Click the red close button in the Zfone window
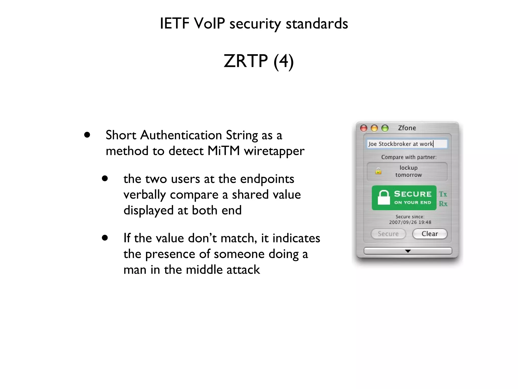click(x=364, y=128)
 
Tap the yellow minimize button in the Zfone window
click(x=374, y=128)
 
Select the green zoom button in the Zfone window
click(x=385, y=128)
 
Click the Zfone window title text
click(x=407, y=128)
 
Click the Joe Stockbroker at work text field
click(x=407, y=144)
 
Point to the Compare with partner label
click(x=409, y=157)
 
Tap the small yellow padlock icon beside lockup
click(x=378, y=171)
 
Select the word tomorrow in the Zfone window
click(x=408, y=175)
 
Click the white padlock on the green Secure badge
click(x=384, y=197)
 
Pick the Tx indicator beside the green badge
click(x=443, y=194)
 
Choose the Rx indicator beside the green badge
click(x=443, y=204)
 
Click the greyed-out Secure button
click(x=388, y=234)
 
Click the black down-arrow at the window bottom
click(x=408, y=251)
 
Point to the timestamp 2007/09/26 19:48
click(x=410, y=222)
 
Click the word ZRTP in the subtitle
click(x=245, y=61)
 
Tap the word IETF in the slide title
click(x=175, y=24)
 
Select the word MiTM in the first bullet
click(x=224, y=151)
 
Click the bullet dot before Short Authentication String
click(x=87, y=135)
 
